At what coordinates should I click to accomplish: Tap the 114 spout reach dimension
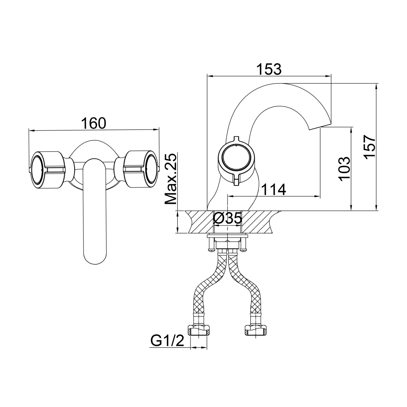[273, 190]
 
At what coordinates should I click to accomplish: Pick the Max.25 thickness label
[171, 179]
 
